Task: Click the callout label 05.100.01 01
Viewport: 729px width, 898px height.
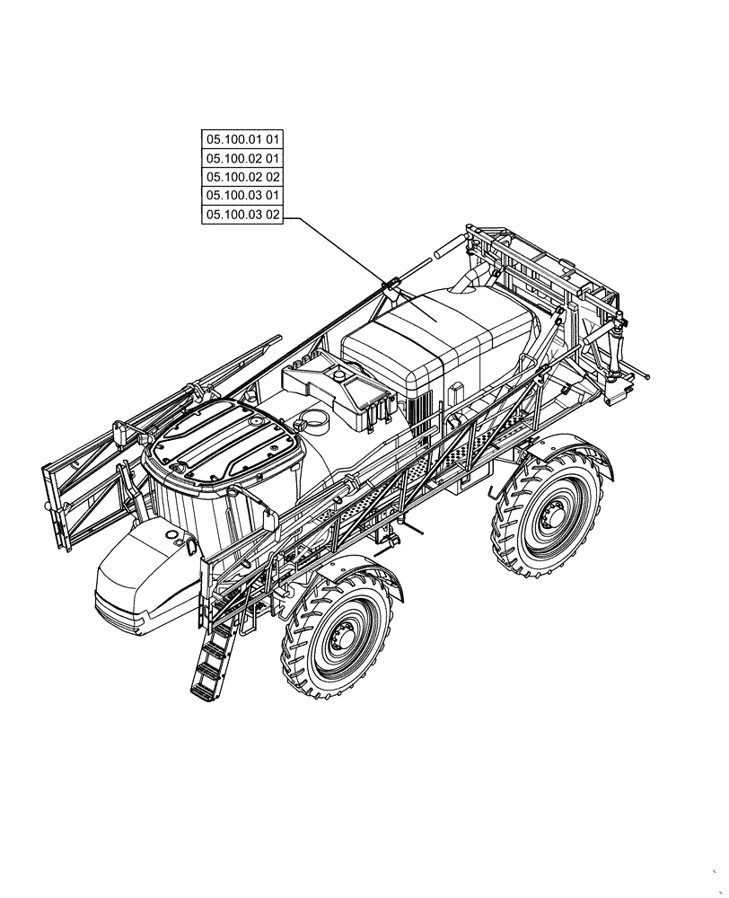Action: (x=242, y=139)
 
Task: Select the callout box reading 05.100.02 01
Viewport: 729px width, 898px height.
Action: (x=242, y=158)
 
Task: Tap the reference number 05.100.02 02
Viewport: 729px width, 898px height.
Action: (x=242, y=177)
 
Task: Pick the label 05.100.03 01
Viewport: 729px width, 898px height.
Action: (x=242, y=196)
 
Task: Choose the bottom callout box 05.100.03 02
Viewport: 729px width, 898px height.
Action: (x=242, y=215)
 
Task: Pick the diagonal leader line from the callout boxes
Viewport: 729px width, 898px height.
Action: (x=341, y=251)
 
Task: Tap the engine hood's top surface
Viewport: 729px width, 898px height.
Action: (x=431, y=332)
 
